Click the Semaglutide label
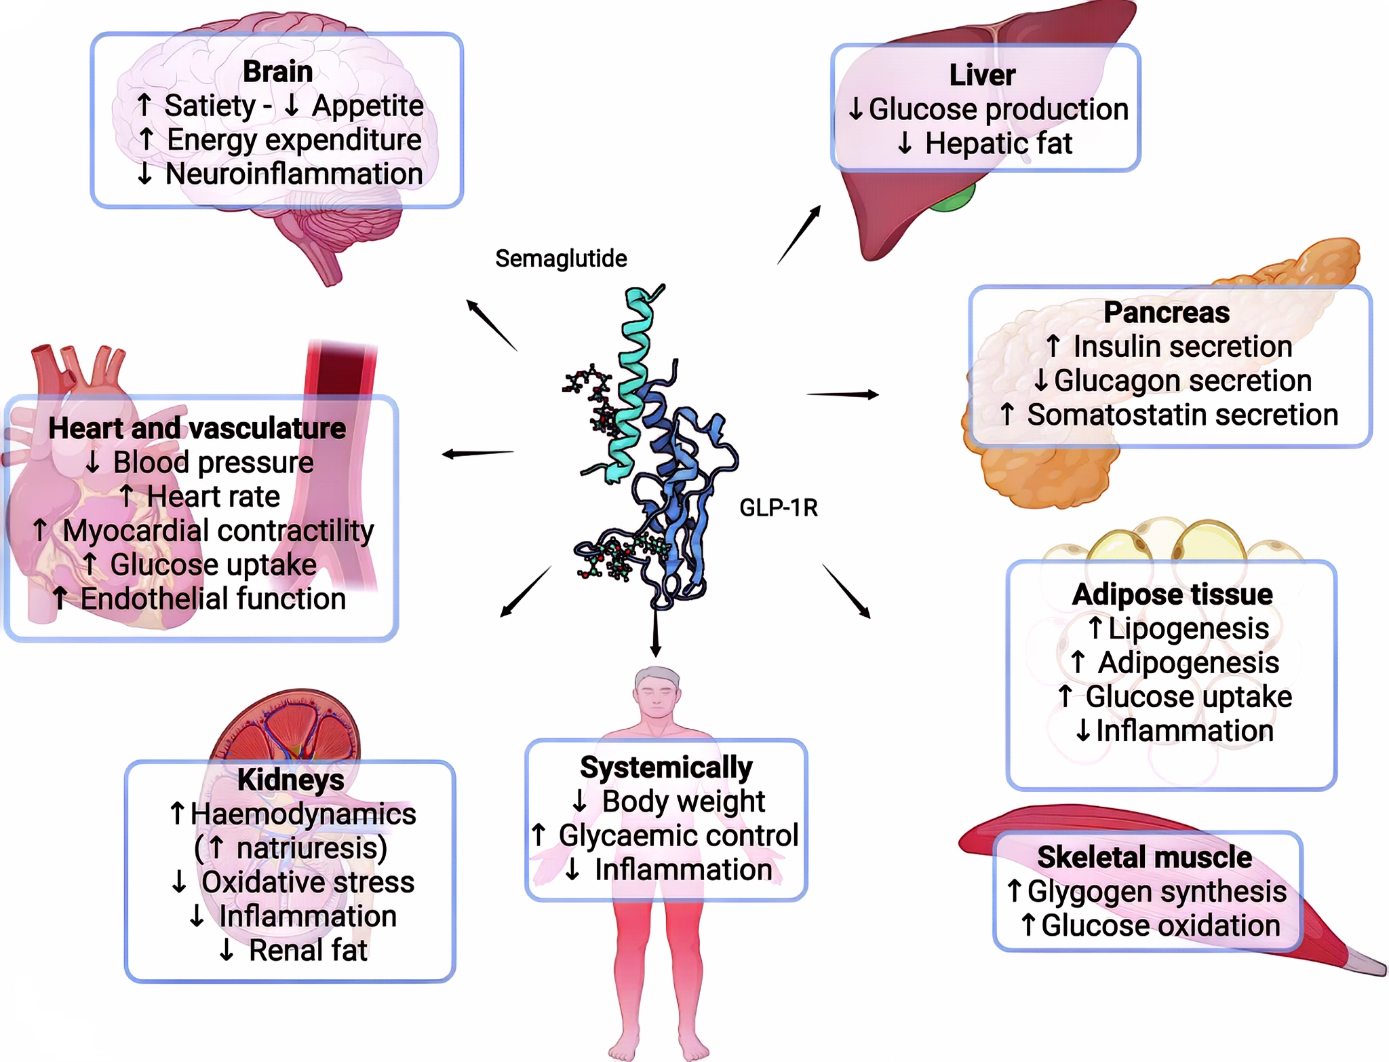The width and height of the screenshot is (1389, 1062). point(561,259)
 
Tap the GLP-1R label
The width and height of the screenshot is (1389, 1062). point(778,508)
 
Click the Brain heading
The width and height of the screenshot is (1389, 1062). point(277,71)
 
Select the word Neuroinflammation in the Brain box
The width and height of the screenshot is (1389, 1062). point(294,174)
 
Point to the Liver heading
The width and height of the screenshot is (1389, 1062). point(982,75)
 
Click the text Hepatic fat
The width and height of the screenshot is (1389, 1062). point(998,144)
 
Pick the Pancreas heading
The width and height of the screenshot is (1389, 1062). point(1166,312)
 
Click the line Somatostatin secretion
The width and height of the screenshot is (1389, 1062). point(1181,415)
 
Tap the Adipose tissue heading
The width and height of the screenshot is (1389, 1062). point(1172,594)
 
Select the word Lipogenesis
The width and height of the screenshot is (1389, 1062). point(1188,628)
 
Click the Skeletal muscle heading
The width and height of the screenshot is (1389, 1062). point(1144,857)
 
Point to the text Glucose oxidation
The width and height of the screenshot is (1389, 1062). point(1160,926)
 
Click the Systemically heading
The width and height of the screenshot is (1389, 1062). point(666,767)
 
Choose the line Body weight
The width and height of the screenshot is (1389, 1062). point(682,801)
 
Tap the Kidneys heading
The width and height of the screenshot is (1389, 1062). point(290,780)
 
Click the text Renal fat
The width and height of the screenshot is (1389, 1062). point(307,951)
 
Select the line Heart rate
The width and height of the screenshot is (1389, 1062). point(213,497)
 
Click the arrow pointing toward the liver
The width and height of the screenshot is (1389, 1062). point(799,235)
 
